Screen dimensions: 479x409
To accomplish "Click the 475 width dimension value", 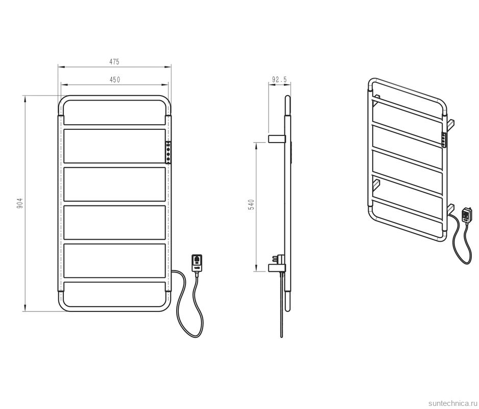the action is (x=114, y=61).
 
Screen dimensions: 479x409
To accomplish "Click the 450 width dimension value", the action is (x=115, y=80).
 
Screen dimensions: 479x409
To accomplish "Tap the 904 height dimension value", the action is (x=19, y=203).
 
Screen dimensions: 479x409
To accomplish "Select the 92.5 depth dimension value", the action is (x=279, y=80).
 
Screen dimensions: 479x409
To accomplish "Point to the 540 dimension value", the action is (x=251, y=204).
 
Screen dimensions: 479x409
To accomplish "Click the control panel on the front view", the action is (x=169, y=152).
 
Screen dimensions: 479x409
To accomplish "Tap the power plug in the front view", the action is (x=197, y=263).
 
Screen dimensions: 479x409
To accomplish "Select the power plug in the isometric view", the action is (x=467, y=215).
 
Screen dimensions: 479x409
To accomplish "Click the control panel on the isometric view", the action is (x=444, y=140).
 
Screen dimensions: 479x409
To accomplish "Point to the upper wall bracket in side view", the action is (x=277, y=139).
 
